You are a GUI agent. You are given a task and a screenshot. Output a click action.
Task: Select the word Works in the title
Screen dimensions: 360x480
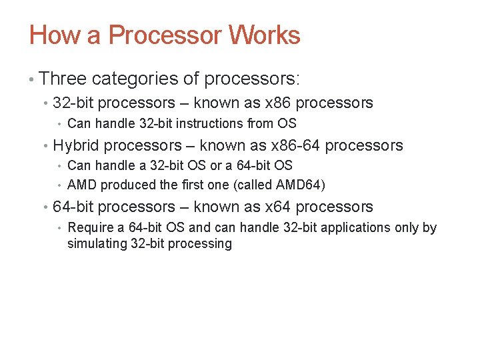pos(265,35)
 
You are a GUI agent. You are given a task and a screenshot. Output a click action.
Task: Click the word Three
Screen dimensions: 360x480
pos(63,79)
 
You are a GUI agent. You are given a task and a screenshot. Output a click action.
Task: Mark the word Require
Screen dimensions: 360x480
pos(92,227)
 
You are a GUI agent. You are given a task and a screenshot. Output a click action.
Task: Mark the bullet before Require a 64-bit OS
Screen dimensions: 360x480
pos(61,228)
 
